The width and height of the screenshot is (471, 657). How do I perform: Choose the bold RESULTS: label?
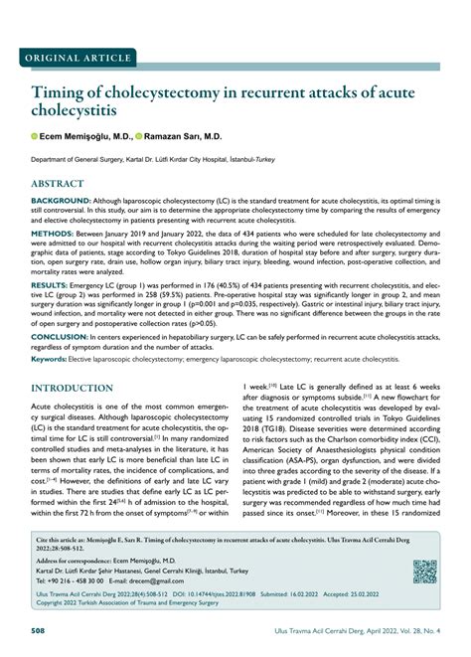(50, 283)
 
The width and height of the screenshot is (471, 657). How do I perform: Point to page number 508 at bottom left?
(39, 630)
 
